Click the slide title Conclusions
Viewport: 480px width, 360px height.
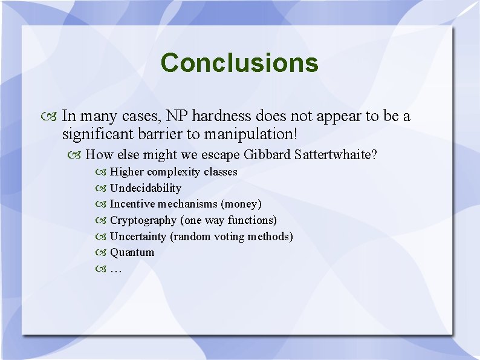(x=239, y=62)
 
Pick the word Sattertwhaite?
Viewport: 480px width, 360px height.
(x=336, y=155)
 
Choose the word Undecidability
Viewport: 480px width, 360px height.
(x=145, y=188)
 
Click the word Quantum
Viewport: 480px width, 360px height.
(x=132, y=252)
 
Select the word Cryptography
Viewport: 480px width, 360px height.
(x=143, y=220)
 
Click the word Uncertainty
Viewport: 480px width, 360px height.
(x=138, y=237)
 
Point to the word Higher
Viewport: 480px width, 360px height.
(x=127, y=172)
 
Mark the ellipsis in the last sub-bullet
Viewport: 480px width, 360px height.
(x=115, y=269)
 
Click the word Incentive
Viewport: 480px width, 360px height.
(x=132, y=204)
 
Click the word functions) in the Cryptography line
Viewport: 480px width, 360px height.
(x=252, y=220)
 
